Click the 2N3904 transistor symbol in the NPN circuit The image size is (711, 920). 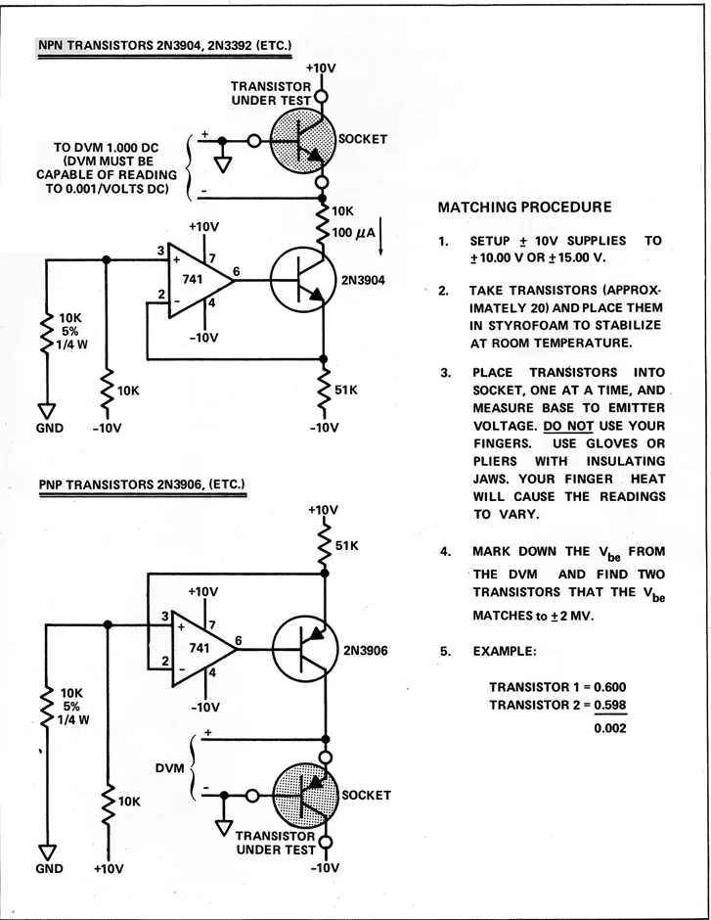click(302, 280)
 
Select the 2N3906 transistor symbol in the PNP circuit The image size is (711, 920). click(305, 648)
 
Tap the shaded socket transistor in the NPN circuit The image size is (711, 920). click(302, 141)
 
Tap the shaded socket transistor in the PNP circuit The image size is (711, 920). click(305, 795)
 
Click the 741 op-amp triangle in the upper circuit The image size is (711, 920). click(200, 281)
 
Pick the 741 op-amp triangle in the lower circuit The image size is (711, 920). click(203, 649)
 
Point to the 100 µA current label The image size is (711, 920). click(353, 232)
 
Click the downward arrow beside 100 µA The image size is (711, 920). click(380, 236)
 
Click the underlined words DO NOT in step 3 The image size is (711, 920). click(568, 426)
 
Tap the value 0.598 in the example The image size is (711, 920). click(610, 705)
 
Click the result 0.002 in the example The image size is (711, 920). click(610, 729)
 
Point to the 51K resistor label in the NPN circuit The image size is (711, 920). click(346, 391)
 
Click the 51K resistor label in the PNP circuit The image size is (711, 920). click(346, 546)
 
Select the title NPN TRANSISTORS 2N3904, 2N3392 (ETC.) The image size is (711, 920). click(164, 46)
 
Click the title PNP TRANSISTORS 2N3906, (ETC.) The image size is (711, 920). click(141, 484)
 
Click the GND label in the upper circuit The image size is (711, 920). click(49, 428)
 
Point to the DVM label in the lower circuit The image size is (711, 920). click(169, 768)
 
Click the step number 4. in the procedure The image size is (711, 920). click(445, 552)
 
